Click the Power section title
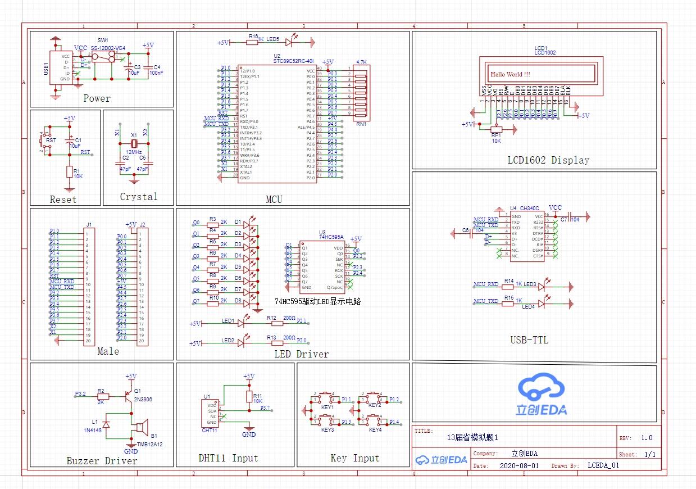click(97, 99)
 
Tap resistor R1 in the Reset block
click(69, 171)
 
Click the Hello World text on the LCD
click(510, 74)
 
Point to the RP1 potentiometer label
click(495, 135)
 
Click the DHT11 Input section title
click(228, 458)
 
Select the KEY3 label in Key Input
click(328, 430)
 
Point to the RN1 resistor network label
click(361, 124)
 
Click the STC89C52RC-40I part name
click(294, 62)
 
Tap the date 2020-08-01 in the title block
click(518, 466)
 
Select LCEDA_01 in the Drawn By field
click(603, 466)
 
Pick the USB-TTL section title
click(529, 340)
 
